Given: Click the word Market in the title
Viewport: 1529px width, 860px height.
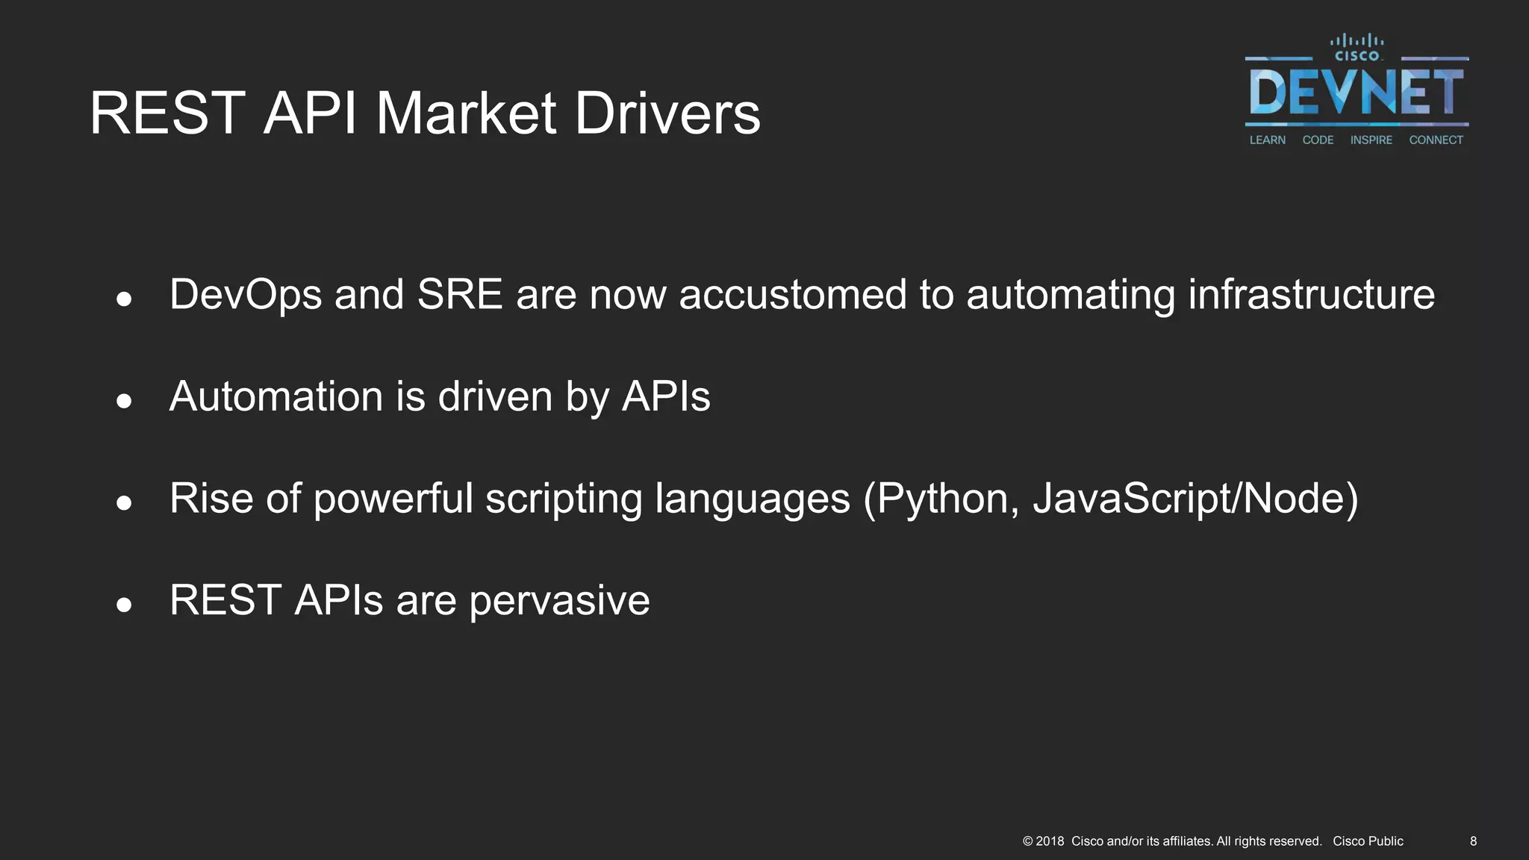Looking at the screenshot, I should point(466,113).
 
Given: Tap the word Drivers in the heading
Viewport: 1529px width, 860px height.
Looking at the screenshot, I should point(667,113).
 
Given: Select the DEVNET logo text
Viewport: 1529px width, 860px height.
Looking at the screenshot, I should point(1356,93).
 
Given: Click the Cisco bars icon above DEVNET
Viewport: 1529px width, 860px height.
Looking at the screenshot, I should point(1357,41).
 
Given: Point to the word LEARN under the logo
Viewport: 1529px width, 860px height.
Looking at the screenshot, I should point(1268,140).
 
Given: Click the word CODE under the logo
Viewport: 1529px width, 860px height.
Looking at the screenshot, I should point(1318,140).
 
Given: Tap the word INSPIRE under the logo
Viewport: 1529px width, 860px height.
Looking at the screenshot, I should point(1371,140).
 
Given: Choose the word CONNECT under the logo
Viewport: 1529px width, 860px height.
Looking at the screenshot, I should point(1436,140).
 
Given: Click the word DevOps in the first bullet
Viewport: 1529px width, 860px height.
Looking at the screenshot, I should point(246,294).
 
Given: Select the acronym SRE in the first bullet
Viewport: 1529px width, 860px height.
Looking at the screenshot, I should point(460,294).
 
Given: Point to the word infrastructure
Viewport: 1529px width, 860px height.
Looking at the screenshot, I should point(1311,294).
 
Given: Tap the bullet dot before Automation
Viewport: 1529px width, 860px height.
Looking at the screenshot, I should point(124,402).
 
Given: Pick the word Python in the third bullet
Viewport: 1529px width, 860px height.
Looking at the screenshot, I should point(943,499).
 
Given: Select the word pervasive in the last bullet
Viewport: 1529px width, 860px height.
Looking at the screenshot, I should point(559,600).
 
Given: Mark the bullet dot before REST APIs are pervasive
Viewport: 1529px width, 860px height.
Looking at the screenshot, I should point(124,605).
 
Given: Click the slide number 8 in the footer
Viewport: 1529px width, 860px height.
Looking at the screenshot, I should point(1473,841).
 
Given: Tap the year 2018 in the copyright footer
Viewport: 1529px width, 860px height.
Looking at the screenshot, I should point(1050,841).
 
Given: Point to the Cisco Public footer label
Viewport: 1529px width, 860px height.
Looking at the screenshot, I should point(1368,841).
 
